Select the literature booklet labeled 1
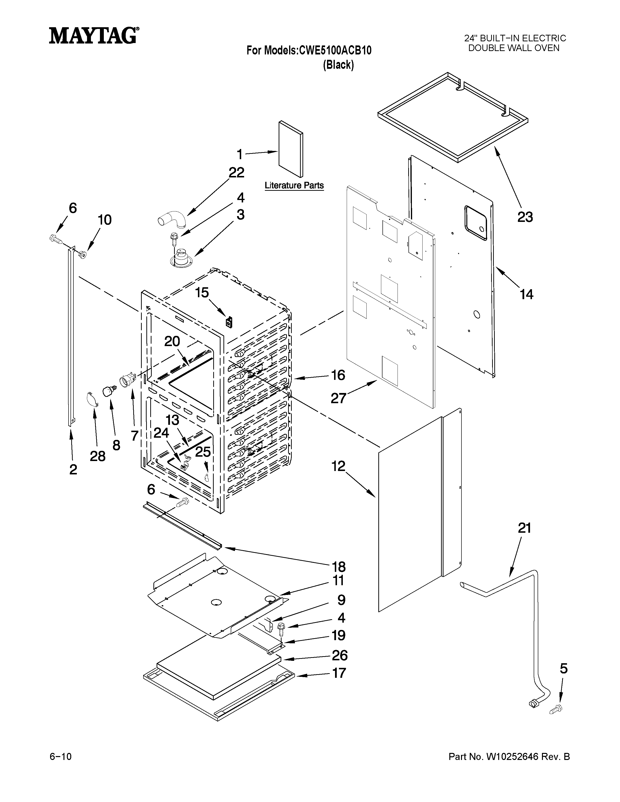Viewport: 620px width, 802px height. click(291, 149)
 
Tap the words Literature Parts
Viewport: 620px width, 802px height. click(294, 185)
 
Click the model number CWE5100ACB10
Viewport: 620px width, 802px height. click(335, 50)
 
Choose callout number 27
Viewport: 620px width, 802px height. click(338, 398)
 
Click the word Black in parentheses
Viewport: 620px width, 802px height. click(338, 65)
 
